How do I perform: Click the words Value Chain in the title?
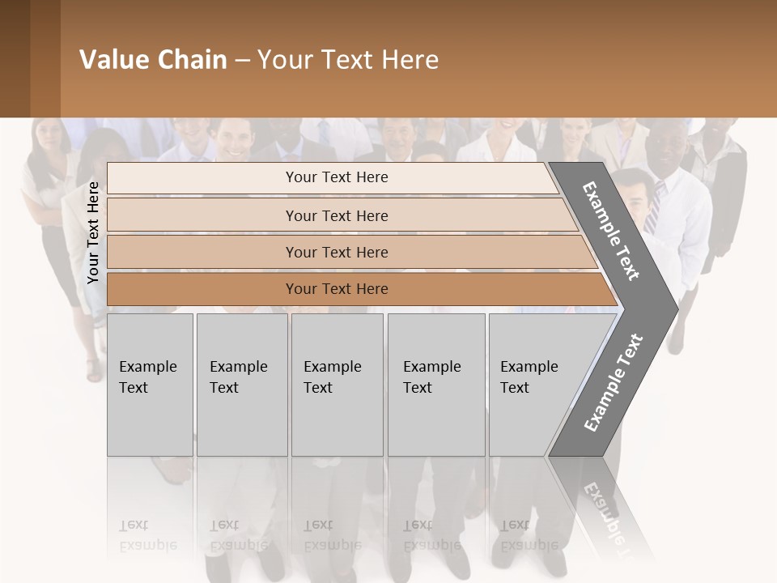tap(153, 60)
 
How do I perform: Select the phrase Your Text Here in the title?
tap(348, 60)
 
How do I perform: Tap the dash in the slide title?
tap(242, 61)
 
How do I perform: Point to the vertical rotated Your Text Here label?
tap(93, 232)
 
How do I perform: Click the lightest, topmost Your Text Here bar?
tap(336, 177)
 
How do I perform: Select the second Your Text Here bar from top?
tap(336, 215)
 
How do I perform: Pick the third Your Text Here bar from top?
tap(336, 252)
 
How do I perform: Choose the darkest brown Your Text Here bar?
tap(336, 289)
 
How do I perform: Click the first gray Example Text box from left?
tap(150, 384)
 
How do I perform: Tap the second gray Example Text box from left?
tap(242, 384)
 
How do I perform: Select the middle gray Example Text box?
tap(337, 384)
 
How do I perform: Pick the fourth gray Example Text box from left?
tap(436, 384)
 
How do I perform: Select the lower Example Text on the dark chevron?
tap(614, 382)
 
